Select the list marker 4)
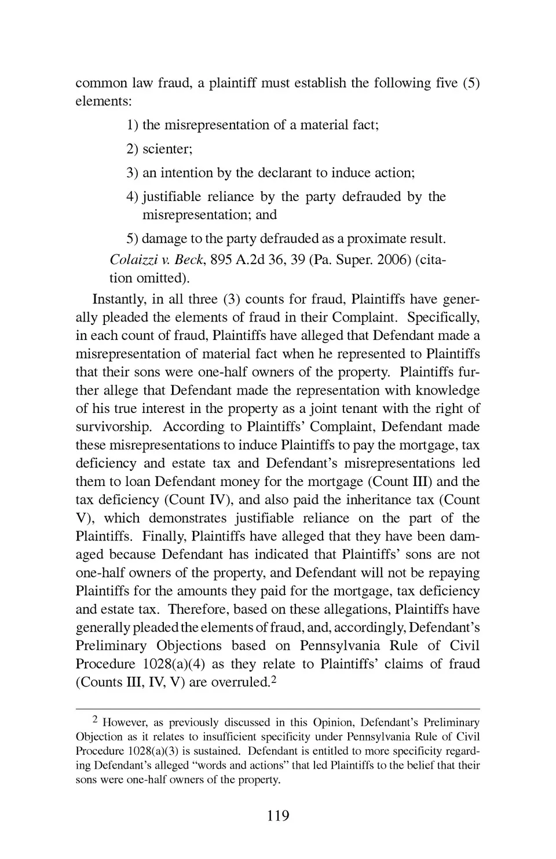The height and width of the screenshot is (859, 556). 133,197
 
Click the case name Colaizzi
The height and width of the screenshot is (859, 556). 131,259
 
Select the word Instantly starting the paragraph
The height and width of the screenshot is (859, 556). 119,299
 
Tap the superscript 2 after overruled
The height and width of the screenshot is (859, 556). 274,680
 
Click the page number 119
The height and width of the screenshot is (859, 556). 278,816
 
